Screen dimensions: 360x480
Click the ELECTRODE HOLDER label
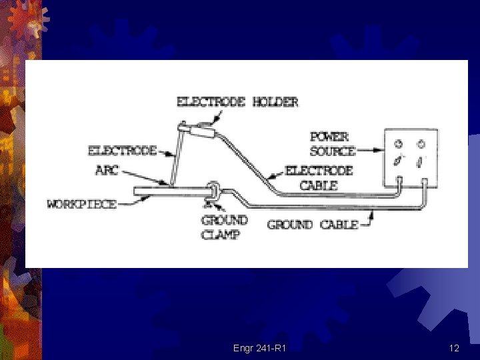237,102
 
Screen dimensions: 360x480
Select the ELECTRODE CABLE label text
319,178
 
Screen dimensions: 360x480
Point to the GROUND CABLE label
312,225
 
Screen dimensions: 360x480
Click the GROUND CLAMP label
224,227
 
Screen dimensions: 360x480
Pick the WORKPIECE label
81,204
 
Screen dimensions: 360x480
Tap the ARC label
107,170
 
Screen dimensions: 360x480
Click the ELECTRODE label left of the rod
122,151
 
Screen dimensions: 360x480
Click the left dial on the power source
398,143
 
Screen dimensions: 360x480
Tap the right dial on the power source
421,143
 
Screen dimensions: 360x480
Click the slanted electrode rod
175,157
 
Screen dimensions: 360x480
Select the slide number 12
454,348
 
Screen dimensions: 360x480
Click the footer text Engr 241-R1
260,348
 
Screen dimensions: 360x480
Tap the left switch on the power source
398,161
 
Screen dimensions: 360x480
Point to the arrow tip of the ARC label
167,183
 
